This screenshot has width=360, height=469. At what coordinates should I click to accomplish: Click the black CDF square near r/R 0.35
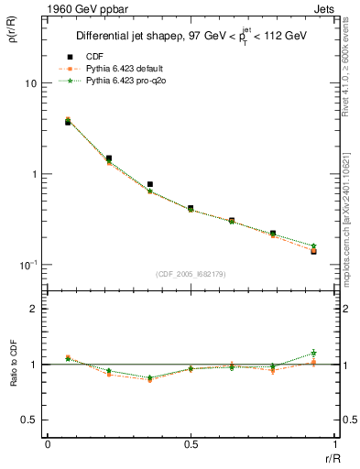coord(149,184)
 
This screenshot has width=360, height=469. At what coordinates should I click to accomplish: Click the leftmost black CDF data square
coord(68,122)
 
